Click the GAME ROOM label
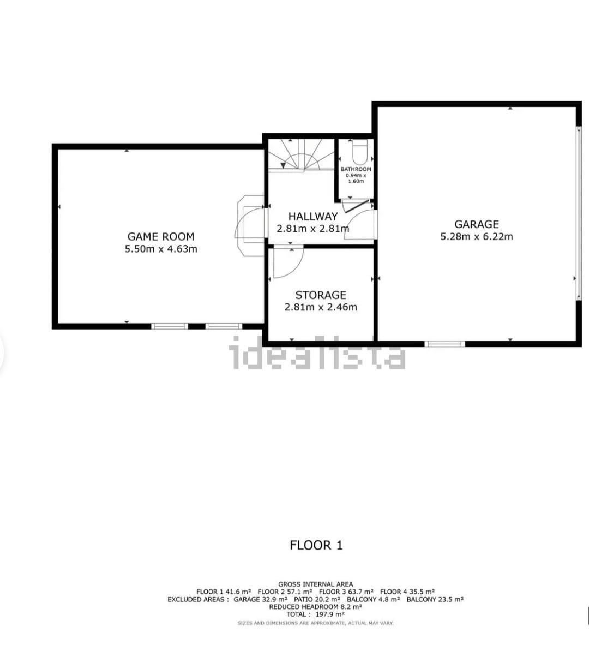[161, 236]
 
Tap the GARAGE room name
[477, 224]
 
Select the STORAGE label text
[321, 295]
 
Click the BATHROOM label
[356, 169]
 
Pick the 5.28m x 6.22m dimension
[477, 236]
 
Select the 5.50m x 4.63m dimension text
[161, 249]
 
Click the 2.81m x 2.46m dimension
[321, 307]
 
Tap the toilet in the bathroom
[359, 152]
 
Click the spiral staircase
[301, 154]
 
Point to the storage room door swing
[288, 262]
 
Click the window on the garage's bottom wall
[444, 344]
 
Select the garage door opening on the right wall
[578, 213]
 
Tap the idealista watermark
[317, 353]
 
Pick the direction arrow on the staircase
[283, 165]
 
